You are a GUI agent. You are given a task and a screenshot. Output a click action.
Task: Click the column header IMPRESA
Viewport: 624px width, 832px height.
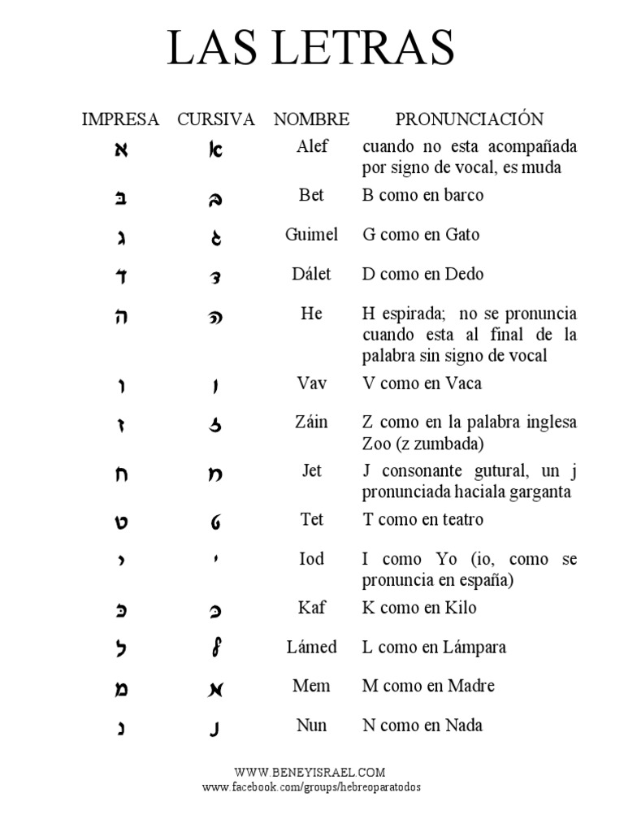coord(121,119)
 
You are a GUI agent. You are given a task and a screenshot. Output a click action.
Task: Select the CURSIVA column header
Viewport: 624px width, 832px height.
coord(216,119)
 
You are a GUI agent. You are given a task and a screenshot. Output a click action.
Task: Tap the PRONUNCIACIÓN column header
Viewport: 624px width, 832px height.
coord(469,119)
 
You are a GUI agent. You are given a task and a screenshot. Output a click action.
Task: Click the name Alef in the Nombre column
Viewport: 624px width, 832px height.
coord(311,146)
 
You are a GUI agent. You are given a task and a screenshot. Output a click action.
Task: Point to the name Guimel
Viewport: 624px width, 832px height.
coord(311,235)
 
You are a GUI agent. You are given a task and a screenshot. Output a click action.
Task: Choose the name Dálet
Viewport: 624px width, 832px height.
coord(311,274)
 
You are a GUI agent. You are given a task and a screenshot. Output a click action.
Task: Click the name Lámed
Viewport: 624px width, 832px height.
coord(311,647)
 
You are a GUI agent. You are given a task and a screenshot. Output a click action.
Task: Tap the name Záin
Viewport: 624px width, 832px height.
coord(311,422)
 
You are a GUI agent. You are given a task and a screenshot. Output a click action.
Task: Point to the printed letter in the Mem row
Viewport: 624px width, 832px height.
coord(121,690)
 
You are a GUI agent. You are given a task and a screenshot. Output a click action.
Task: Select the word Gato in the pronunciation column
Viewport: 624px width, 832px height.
coord(462,235)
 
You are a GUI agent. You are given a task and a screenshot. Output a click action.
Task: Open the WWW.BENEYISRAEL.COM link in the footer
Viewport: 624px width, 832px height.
coord(310,773)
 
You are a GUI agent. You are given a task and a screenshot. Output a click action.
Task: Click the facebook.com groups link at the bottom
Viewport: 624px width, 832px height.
coord(312,787)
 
